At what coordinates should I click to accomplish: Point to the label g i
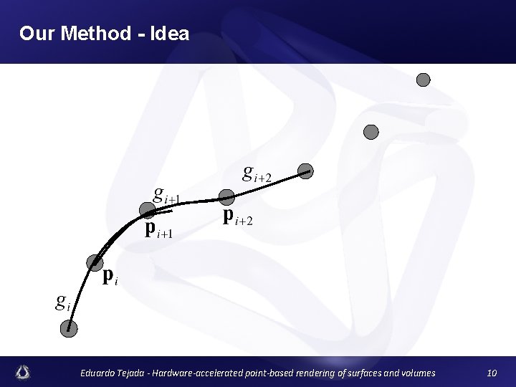[63, 302]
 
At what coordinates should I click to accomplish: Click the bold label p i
[110, 276]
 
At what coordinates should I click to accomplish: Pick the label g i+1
[168, 194]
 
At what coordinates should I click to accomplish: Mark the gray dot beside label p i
[94, 262]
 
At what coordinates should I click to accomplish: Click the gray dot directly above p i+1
[147, 211]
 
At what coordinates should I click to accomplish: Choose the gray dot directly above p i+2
[226, 196]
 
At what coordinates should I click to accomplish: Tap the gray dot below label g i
[69, 328]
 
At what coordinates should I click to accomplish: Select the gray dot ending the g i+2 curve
[306, 171]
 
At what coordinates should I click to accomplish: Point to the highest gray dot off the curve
[424, 80]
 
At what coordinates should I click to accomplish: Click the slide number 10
[492, 373]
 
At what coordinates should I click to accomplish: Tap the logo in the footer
[24, 372]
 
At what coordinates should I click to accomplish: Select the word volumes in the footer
[414, 373]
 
